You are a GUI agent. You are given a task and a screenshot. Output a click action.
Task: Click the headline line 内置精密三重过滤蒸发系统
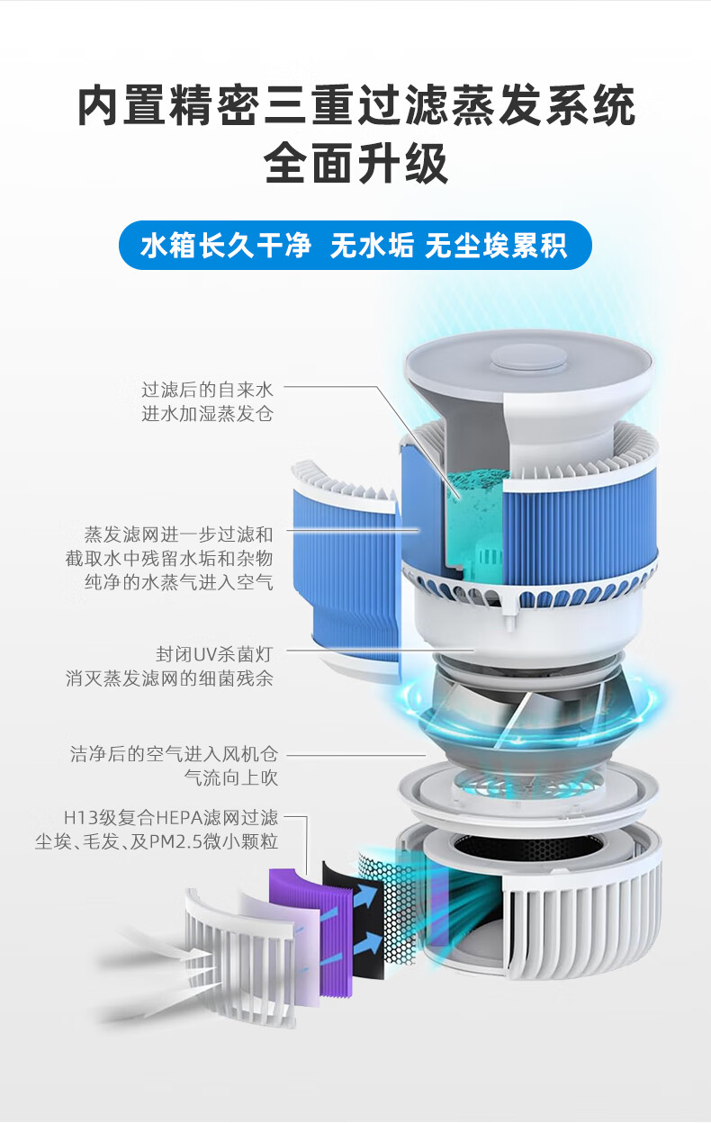click(x=356, y=105)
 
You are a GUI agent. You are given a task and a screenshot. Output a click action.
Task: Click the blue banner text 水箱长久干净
click(x=226, y=245)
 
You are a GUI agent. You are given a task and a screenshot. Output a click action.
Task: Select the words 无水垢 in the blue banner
click(x=372, y=245)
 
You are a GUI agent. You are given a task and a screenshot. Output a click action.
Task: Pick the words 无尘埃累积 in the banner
click(x=496, y=245)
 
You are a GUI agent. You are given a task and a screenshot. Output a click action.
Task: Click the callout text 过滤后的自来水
click(x=207, y=390)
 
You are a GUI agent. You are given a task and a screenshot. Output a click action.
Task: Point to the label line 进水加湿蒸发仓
click(x=207, y=414)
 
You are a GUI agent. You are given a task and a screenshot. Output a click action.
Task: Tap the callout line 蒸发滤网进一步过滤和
click(x=178, y=535)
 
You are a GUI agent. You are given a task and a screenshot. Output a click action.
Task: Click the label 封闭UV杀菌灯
click(x=214, y=654)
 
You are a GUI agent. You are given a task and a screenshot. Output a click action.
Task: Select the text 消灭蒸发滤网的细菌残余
click(x=169, y=678)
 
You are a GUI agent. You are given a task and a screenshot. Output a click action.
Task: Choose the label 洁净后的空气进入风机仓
click(x=174, y=753)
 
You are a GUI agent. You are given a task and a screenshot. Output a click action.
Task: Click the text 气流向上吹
click(x=230, y=777)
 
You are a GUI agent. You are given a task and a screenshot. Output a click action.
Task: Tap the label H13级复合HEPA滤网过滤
click(x=170, y=818)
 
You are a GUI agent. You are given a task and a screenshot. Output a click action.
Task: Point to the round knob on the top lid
click(x=528, y=357)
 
